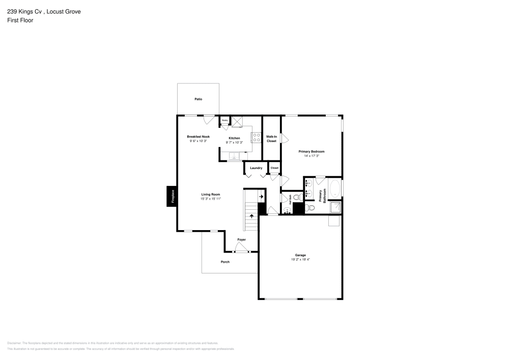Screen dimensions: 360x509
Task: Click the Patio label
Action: click(198, 99)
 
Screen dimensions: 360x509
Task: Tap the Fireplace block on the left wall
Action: click(172, 197)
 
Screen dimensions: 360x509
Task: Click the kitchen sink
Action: click(235, 156)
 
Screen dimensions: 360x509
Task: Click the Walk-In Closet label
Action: click(271, 139)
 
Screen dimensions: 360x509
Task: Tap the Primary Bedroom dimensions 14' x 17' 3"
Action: click(311, 156)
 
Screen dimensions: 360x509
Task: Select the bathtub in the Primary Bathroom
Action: click(334, 189)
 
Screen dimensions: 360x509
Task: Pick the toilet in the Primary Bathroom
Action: click(310, 208)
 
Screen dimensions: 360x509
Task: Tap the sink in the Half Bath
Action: click(286, 209)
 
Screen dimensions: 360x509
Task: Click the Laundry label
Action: click(256, 168)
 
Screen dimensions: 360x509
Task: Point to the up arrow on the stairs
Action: click(251, 216)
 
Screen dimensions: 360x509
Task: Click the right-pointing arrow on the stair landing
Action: click(261, 196)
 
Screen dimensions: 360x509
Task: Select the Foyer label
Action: click(241, 239)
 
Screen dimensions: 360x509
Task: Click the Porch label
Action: click(225, 262)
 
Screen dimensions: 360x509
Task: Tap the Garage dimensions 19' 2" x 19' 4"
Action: click(300, 259)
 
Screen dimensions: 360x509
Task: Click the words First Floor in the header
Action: click(20, 20)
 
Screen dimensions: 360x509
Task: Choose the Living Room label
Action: click(210, 194)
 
